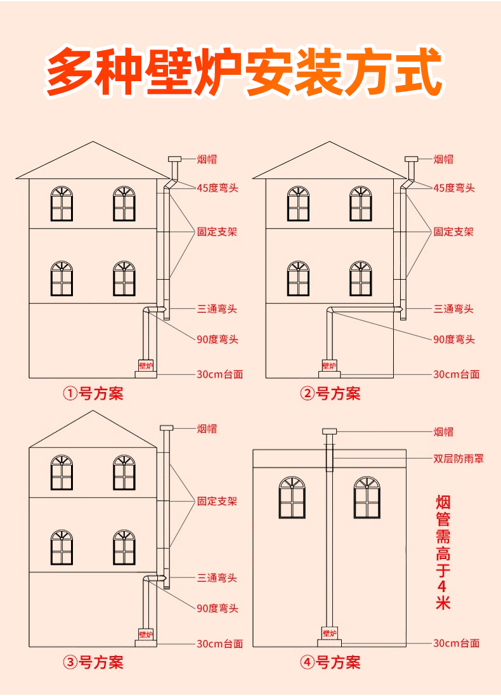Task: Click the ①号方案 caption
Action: (x=93, y=394)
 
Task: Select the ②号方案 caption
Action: (x=330, y=394)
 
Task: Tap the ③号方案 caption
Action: (x=93, y=663)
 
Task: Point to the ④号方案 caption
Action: (x=330, y=663)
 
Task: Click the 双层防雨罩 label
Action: (x=458, y=458)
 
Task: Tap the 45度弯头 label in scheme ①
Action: (x=217, y=188)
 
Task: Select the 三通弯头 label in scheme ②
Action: (x=453, y=309)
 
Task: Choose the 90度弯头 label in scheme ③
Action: (x=217, y=608)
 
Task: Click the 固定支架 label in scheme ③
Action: (x=217, y=501)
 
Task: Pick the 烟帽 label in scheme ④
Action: (x=443, y=432)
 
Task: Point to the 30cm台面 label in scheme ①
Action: (x=219, y=374)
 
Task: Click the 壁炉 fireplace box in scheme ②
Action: (x=329, y=365)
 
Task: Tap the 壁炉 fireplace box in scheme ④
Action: (x=329, y=633)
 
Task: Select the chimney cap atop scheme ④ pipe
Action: (x=329, y=431)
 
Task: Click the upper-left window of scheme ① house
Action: (x=62, y=204)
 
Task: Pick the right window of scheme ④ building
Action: (x=367, y=498)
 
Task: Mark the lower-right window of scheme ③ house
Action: (x=124, y=548)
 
